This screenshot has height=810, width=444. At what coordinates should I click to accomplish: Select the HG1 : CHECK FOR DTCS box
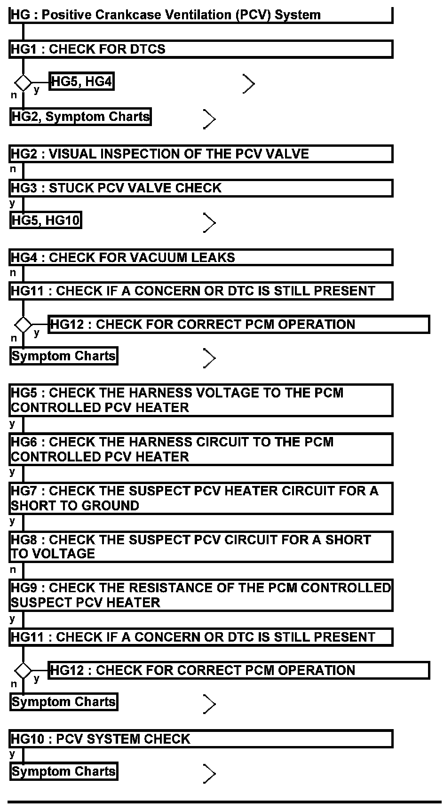point(200,49)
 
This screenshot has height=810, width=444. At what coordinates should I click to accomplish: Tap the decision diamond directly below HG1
point(23,83)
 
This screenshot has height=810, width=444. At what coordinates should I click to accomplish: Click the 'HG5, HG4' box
point(82,82)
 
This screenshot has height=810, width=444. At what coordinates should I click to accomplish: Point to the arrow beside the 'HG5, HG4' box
point(248,84)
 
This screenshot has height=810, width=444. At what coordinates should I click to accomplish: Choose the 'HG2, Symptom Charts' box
point(80,117)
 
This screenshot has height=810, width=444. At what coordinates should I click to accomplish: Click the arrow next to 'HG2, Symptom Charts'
point(209,119)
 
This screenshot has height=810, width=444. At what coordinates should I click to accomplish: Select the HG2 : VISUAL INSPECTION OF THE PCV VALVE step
point(200,154)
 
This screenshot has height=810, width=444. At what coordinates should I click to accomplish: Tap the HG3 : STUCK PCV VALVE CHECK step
point(200,188)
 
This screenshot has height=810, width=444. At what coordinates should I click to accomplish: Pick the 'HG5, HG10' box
point(46,220)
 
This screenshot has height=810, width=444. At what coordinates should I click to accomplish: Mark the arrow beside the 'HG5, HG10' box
point(209,222)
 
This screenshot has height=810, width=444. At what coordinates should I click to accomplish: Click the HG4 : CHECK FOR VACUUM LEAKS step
point(200,258)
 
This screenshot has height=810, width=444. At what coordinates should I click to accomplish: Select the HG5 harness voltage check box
point(200,400)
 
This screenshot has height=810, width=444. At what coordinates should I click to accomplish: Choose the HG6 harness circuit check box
point(200,449)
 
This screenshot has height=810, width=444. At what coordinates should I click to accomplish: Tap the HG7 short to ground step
point(200,498)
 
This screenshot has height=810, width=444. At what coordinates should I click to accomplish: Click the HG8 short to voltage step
point(200,547)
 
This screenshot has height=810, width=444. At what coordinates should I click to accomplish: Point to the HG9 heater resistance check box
point(200,595)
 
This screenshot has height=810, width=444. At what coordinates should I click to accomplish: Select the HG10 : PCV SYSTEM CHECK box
point(200,739)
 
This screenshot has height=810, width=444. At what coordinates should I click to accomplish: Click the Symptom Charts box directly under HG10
point(63,772)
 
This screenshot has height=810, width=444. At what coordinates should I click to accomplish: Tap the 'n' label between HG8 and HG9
point(13,570)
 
